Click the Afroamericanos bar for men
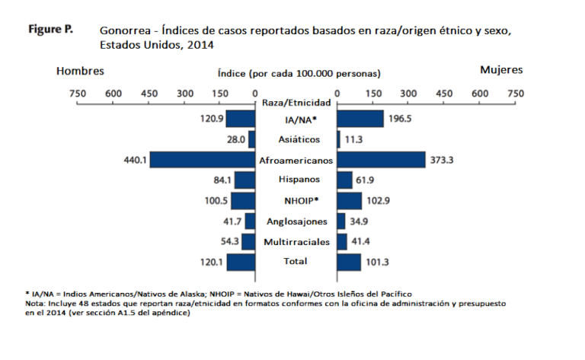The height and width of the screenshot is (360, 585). [203, 160]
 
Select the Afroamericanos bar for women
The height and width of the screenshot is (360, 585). [381, 160]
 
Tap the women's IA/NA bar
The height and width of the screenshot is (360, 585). [360, 119]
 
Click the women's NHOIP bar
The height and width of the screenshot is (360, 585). [349, 201]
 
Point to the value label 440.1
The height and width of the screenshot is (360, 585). [137, 160]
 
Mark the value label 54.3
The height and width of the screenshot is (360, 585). [206, 241]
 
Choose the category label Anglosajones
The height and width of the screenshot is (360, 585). [296, 221]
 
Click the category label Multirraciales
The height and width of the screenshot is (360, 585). [296, 241]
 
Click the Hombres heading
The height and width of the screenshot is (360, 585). [79, 71]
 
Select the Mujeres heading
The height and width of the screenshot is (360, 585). [501, 70]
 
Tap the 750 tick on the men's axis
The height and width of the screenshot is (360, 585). [78, 93]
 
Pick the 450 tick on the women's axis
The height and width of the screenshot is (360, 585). [443, 93]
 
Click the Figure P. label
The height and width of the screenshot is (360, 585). [51, 30]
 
